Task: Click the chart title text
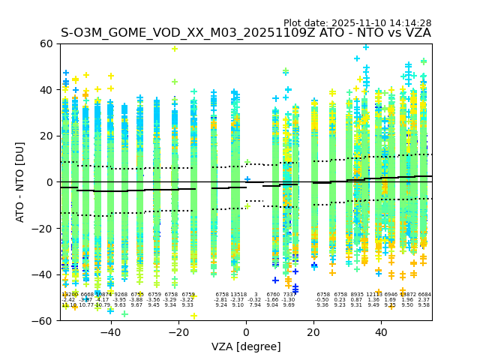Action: tap(246, 33)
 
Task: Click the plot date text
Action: tap(357, 23)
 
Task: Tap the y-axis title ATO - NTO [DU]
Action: tap(20, 182)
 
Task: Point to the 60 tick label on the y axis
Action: tap(46, 43)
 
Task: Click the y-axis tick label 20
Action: tap(46, 136)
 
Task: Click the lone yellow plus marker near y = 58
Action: tap(175, 49)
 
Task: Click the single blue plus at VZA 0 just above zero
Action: tap(247, 179)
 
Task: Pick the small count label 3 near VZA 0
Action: tap(255, 295)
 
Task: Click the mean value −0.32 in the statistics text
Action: tap(255, 300)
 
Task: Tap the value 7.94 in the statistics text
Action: tap(255, 305)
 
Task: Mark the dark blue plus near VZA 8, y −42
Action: tap(275, 280)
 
